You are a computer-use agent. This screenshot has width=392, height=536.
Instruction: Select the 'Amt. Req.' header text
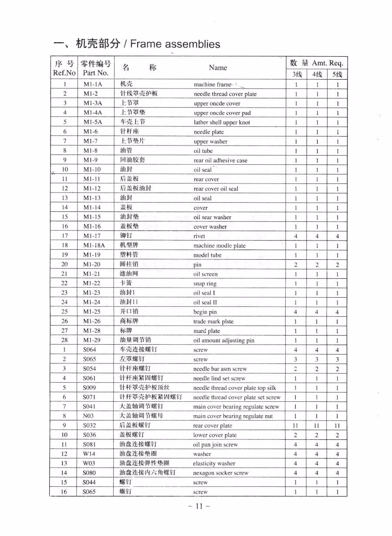tap(327, 63)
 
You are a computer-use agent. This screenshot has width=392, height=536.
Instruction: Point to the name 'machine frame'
tap(213, 85)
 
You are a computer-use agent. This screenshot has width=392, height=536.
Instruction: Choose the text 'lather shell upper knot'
tap(222, 122)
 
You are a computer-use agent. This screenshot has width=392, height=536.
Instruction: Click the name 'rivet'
tap(199, 236)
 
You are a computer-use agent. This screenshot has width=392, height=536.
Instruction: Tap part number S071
tap(89, 397)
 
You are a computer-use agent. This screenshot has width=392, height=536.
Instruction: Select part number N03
tap(88, 416)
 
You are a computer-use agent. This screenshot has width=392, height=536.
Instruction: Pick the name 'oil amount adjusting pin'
tap(224, 340)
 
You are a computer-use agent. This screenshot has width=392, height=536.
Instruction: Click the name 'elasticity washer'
tap(214, 464)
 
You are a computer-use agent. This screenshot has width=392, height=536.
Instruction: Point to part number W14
tap(89, 454)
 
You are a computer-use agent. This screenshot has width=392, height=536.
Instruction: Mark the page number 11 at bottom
tap(199, 506)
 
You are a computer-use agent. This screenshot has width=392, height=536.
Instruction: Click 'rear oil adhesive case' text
tap(220, 160)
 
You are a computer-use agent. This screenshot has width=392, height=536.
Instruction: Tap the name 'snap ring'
tap(205, 284)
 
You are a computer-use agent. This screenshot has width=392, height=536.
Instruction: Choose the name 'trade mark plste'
tap(213, 322)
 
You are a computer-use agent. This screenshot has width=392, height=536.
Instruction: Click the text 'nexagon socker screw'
tap(221, 473)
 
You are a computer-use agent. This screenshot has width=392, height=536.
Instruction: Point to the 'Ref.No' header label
tap(64, 73)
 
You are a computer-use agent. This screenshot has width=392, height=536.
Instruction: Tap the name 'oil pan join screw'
tap(216, 445)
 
